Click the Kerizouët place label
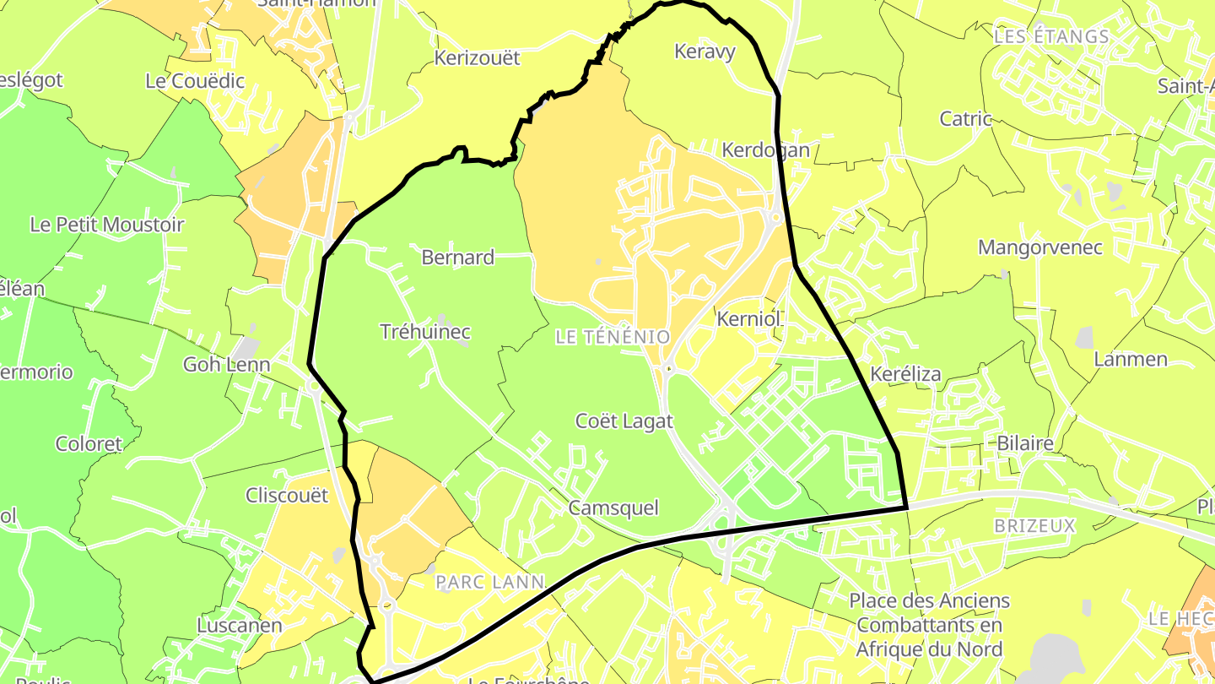[x=477, y=58]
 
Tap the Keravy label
[x=705, y=52]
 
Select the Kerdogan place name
[x=765, y=150]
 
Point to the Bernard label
[x=457, y=258]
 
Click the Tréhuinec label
[x=425, y=332]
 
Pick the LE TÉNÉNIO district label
[x=613, y=338]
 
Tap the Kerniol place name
[x=748, y=320]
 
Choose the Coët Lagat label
[x=624, y=421]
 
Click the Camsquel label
[x=613, y=508]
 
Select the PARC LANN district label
[x=489, y=582]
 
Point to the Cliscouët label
[x=286, y=496]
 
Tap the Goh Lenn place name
[x=227, y=365]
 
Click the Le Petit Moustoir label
[x=106, y=225]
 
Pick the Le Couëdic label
[x=195, y=81]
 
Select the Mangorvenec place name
[x=1040, y=247]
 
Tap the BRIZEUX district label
[x=1034, y=526]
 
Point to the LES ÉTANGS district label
[x=1051, y=36]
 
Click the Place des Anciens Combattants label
[x=929, y=625]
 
